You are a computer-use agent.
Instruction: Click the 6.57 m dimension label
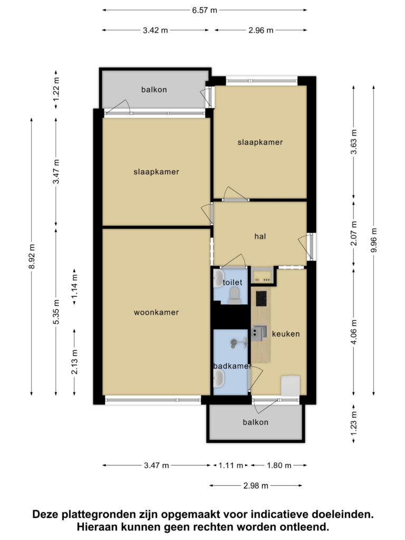[x=205, y=11]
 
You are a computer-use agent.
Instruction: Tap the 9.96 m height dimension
[x=374, y=240]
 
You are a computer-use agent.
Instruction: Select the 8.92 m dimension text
[x=32, y=257]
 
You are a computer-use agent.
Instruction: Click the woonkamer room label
[x=156, y=312]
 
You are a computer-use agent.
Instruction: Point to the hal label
[x=261, y=236]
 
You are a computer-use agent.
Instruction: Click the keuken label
[x=286, y=334]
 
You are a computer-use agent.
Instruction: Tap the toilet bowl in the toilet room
[x=235, y=295]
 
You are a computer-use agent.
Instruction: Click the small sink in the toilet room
[x=218, y=278]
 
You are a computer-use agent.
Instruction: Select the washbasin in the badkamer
[x=219, y=379]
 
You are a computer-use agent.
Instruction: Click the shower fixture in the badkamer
[x=238, y=342]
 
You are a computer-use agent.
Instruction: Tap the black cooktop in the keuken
[x=261, y=298]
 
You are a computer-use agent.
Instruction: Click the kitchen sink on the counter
[x=260, y=333]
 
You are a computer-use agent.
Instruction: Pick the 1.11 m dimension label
[x=231, y=466]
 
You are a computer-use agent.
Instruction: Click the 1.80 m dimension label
[x=279, y=466]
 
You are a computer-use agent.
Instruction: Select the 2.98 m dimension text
[x=256, y=486]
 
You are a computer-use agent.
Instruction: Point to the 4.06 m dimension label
[x=354, y=332]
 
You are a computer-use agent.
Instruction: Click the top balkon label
[x=154, y=90]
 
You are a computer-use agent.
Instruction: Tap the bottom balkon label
[x=256, y=422]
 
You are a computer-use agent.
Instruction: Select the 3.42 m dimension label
[x=156, y=30]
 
